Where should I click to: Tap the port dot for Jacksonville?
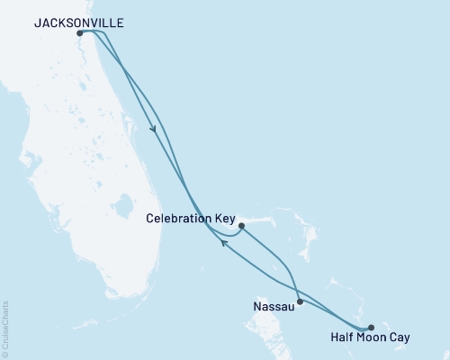(80, 33)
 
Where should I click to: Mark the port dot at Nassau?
(300, 301)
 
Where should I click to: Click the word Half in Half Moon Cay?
(346, 337)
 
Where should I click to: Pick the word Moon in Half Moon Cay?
(374, 337)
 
